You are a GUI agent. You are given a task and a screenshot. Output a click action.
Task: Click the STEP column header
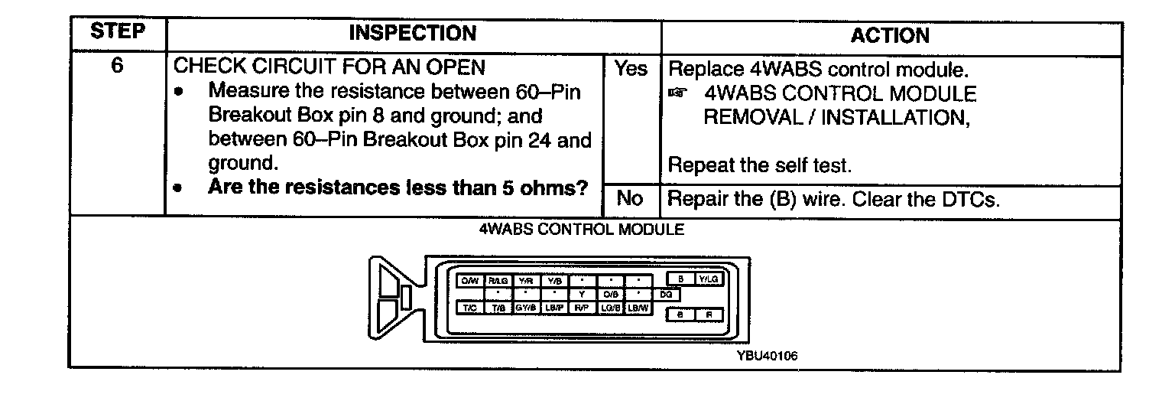point(117,34)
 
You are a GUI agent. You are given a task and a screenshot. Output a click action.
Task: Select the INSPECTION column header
point(413,34)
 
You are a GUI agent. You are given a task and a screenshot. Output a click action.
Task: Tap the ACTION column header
point(890,35)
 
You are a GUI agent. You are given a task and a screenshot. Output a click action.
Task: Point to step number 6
point(117,67)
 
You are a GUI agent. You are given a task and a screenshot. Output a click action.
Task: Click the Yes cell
point(631,69)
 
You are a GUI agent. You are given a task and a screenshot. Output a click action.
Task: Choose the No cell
point(629,199)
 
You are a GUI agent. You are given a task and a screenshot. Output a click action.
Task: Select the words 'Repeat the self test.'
point(749,165)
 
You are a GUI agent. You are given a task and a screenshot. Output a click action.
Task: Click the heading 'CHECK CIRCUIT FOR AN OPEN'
point(330,67)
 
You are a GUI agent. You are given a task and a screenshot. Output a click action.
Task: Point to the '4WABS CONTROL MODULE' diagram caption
point(581,229)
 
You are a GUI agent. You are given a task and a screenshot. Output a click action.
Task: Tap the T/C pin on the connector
point(469,308)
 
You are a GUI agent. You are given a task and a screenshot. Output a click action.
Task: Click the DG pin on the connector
point(664,294)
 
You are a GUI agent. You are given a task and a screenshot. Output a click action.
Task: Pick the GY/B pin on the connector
point(524,308)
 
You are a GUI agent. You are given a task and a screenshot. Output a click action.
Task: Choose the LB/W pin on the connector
point(637,308)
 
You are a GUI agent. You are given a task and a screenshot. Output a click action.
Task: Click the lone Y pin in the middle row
point(581,294)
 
